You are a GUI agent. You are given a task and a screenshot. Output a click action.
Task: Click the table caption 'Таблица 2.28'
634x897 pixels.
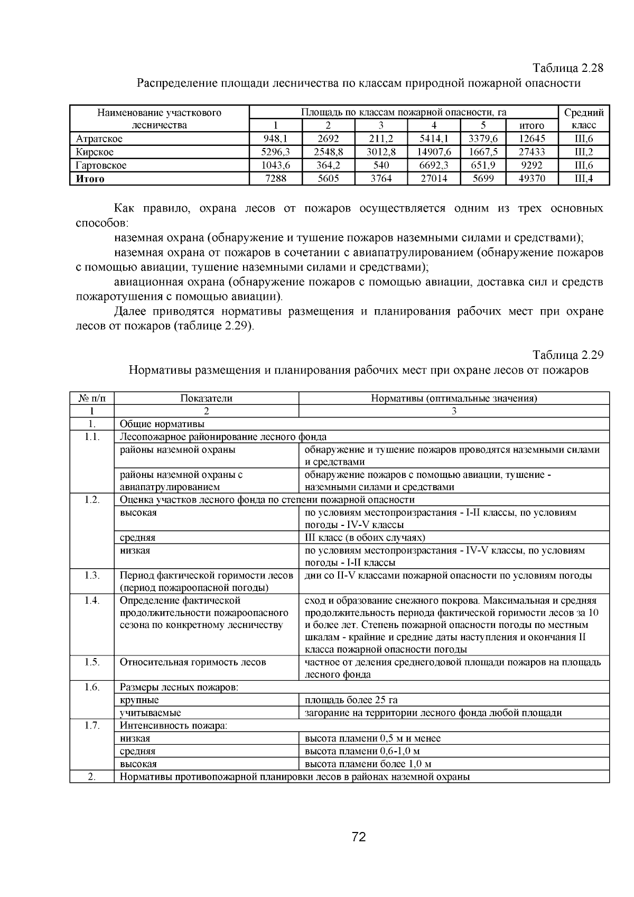(x=567, y=69)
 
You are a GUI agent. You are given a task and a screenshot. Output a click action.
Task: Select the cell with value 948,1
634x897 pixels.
(x=275, y=139)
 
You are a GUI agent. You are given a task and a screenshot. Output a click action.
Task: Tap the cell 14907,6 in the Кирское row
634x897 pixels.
(x=434, y=152)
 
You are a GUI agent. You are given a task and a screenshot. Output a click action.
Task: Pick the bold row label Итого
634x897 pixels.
(x=90, y=179)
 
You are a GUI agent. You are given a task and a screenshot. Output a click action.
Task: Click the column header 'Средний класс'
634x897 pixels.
(x=583, y=119)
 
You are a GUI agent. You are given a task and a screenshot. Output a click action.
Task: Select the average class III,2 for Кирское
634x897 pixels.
(x=583, y=152)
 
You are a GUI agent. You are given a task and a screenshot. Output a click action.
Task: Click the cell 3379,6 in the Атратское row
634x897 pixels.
(x=483, y=139)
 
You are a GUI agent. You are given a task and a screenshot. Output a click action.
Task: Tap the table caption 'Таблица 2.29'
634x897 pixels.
(x=567, y=355)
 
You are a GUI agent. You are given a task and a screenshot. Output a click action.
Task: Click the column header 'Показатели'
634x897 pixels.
(x=206, y=399)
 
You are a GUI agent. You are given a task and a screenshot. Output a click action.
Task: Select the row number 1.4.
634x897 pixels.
(x=92, y=600)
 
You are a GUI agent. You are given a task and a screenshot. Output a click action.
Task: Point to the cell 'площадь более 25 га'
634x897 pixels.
(x=351, y=700)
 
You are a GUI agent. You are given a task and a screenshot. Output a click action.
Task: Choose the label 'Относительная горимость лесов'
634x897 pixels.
(x=193, y=662)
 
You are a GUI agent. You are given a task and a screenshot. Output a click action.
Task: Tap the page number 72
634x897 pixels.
(x=359, y=837)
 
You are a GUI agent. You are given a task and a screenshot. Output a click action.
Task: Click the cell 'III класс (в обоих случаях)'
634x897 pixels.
(x=365, y=538)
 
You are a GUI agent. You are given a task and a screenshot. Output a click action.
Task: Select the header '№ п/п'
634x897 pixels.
(x=92, y=399)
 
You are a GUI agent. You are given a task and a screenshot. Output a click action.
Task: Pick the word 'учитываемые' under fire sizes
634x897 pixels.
(x=150, y=713)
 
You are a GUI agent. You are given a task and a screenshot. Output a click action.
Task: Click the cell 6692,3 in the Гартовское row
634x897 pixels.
(x=434, y=165)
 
